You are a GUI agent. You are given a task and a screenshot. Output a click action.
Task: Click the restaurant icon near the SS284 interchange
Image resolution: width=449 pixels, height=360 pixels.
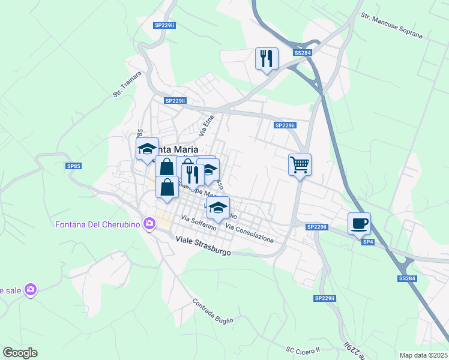(x=267, y=59)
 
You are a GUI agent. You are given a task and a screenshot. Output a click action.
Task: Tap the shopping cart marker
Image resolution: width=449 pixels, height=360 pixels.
(x=300, y=164)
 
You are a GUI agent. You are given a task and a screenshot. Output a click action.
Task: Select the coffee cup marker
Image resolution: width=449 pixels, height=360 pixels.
(x=359, y=224)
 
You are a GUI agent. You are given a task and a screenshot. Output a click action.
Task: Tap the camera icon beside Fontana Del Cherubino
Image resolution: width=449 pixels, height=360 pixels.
(x=148, y=224)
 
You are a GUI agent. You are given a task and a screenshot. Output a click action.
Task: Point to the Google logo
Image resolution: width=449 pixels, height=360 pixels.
(x=20, y=353)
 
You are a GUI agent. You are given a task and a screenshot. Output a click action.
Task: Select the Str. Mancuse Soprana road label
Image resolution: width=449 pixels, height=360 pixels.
(x=391, y=24)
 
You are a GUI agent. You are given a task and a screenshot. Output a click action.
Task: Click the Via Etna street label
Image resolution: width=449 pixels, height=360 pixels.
(x=206, y=124)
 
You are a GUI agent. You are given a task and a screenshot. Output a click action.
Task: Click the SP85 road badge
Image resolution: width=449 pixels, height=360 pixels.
(x=73, y=166)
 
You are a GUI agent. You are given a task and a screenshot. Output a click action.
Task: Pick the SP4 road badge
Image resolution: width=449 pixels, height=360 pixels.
(x=367, y=241)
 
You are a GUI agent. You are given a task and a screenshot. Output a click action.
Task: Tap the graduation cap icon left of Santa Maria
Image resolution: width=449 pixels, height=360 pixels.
(x=146, y=149)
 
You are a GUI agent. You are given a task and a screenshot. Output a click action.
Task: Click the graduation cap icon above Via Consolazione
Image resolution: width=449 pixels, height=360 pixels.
(x=218, y=208)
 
